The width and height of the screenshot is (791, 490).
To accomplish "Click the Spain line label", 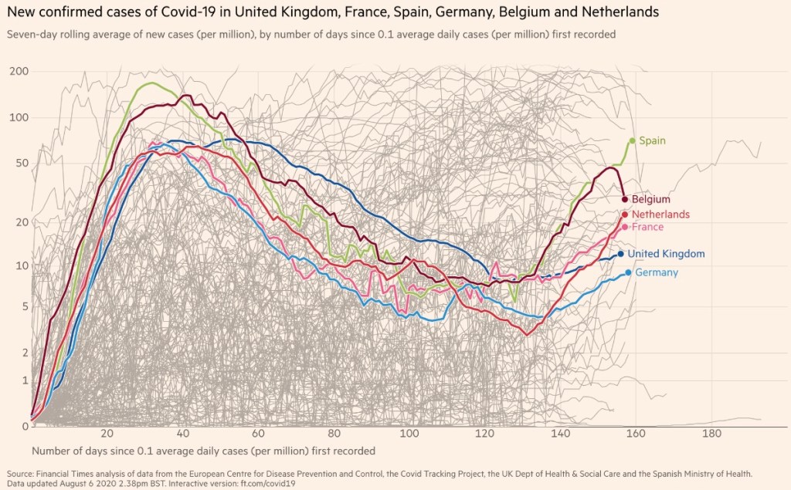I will click(x=652, y=141).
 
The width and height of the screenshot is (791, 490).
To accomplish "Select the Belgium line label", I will click(x=650, y=199).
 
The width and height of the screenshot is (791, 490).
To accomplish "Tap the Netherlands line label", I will click(x=660, y=215).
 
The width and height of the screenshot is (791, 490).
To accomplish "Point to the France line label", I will click(x=647, y=227).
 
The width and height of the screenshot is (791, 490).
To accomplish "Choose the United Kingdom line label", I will click(x=666, y=254).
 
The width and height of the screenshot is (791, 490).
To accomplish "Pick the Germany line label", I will click(x=657, y=272).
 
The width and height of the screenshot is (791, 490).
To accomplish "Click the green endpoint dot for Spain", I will click(x=633, y=140).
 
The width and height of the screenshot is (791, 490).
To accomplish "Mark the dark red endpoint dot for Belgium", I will click(x=625, y=199).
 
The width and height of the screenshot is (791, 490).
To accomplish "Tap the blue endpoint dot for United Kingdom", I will click(x=621, y=253).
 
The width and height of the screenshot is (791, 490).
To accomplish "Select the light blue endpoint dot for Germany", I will click(x=629, y=272).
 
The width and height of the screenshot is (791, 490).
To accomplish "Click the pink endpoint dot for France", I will click(x=625, y=227).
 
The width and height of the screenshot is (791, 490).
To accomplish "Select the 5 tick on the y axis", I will click(x=25, y=306).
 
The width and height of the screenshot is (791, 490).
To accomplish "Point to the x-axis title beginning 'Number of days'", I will click(x=204, y=451).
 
